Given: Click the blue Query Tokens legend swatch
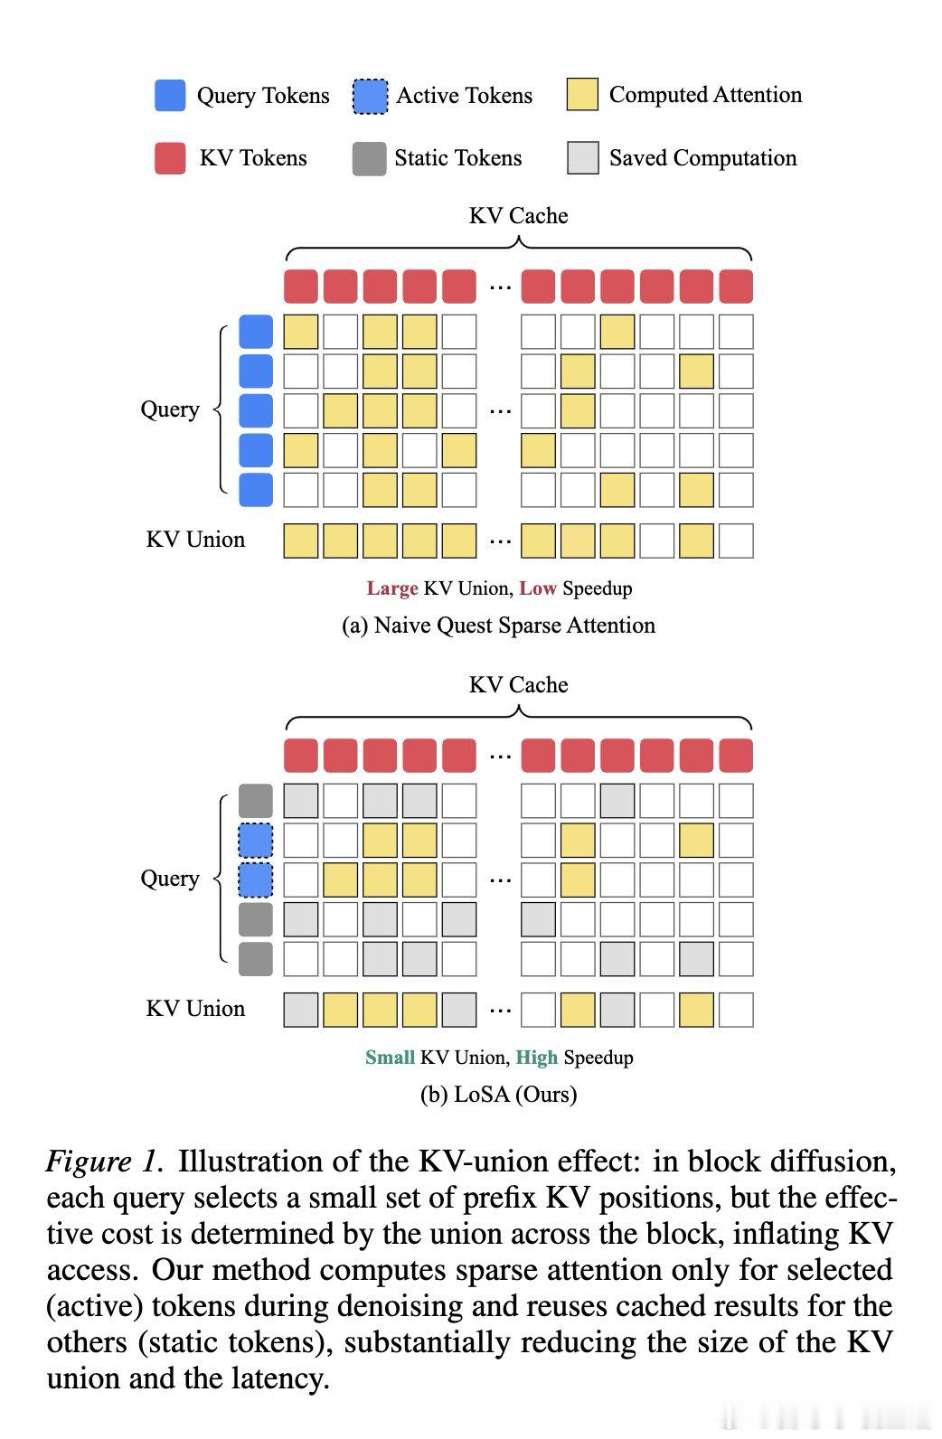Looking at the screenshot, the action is tap(170, 96).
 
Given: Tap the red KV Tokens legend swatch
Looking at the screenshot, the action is tap(170, 158).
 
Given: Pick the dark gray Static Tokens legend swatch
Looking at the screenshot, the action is tap(370, 159).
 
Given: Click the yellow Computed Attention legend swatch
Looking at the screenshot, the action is tap(583, 94).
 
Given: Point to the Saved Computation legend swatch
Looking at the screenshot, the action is tap(583, 158).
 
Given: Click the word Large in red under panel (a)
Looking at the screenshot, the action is tap(392, 588).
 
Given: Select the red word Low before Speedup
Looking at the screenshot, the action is tap(538, 588).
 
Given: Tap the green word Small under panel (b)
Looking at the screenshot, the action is tap(390, 1058).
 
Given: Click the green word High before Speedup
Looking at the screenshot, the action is tap(537, 1058).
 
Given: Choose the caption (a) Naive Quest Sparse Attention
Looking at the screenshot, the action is tap(499, 625).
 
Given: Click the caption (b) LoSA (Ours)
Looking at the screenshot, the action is tap(499, 1094).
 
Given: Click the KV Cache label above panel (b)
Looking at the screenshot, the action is tap(519, 685).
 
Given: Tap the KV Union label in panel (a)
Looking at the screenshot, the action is tap(195, 540).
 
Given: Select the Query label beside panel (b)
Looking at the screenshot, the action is tap(170, 879).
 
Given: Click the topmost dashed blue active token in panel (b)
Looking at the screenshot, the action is tap(256, 841).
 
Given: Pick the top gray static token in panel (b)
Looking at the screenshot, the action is tap(256, 801).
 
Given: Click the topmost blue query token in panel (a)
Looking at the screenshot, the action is tap(256, 332).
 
